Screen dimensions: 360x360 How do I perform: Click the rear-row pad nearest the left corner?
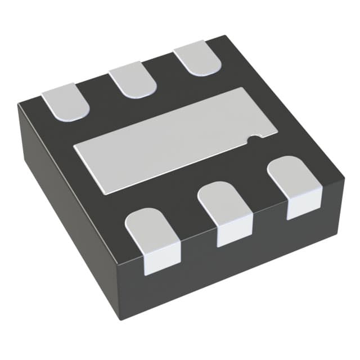click(x=66, y=102)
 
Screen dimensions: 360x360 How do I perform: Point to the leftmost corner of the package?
click(x=18, y=105)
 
